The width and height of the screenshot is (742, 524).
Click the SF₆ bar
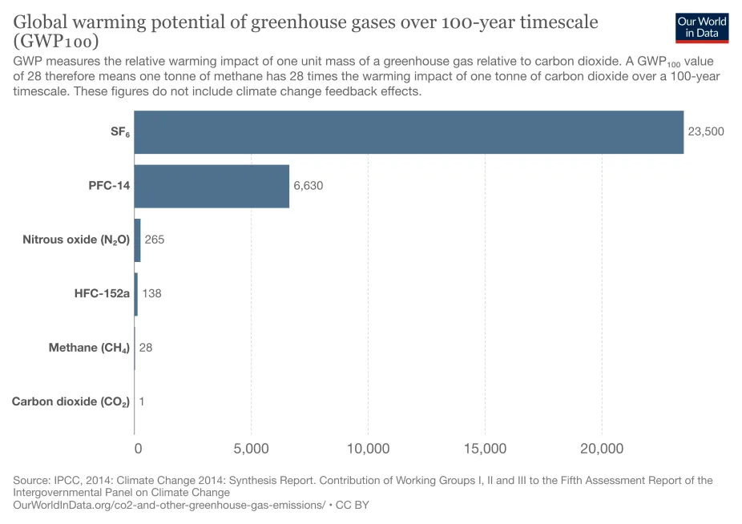point(409,132)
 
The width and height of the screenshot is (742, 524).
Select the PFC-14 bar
point(212,186)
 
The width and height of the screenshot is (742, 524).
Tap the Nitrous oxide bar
point(137,240)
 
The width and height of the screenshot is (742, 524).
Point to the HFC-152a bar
point(136,293)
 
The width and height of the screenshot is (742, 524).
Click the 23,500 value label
point(706,131)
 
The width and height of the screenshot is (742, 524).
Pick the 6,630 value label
point(308,186)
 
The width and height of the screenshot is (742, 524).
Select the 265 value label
point(155,240)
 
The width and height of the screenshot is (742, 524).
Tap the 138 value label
point(151,293)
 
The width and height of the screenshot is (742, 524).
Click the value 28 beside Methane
point(146,347)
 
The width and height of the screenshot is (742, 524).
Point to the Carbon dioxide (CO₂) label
point(71,401)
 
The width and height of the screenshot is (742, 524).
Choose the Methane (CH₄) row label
point(89,348)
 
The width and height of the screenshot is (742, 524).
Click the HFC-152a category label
point(102,293)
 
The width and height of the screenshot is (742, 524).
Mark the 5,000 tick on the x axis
point(251,449)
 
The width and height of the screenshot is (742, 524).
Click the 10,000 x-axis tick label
point(368,449)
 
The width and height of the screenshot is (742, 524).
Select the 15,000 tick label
point(485,449)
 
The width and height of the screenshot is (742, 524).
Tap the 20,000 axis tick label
point(602,449)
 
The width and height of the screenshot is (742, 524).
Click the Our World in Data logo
point(702,27)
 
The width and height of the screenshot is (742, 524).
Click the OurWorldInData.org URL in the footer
point(169,506)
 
